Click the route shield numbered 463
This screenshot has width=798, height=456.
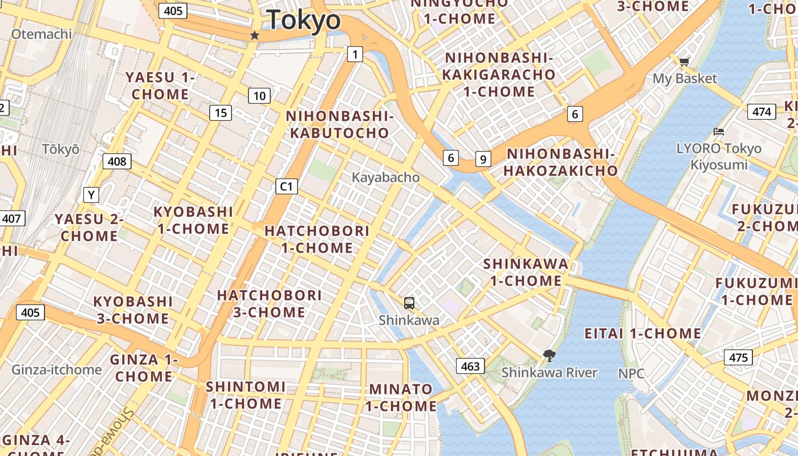[x=470, y=366]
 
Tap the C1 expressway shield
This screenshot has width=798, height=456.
[x=286, y=186]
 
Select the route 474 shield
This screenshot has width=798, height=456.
[x=762, y=111]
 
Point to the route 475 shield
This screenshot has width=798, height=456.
[x=738, y=357]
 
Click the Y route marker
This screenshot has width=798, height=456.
[x=91, y=195]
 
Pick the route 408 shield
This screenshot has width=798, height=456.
[x=117, y=161]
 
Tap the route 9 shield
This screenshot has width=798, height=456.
[x=483, y=159]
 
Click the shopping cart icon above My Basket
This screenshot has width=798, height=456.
[x=684, y=62]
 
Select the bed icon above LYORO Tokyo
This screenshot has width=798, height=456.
[x=719, y=132]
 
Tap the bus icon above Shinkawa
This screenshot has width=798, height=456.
[x=409, y=303]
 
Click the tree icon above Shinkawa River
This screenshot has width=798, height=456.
[x=549, y=356]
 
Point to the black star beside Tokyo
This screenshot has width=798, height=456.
[x=254, y=35]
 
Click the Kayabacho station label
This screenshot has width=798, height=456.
[x=385, y=177]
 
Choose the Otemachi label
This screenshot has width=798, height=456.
[x=42, y=34]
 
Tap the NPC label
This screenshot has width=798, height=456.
[x=632, y=373]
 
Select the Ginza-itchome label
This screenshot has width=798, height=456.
[x=56, y=369]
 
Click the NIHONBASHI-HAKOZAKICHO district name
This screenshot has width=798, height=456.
[x=561, y=162]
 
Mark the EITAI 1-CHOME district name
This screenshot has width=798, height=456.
[x=643, y=333]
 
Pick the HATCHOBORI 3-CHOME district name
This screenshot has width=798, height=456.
[x=269, y=303]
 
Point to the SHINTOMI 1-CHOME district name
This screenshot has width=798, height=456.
[x=245, y=395]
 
